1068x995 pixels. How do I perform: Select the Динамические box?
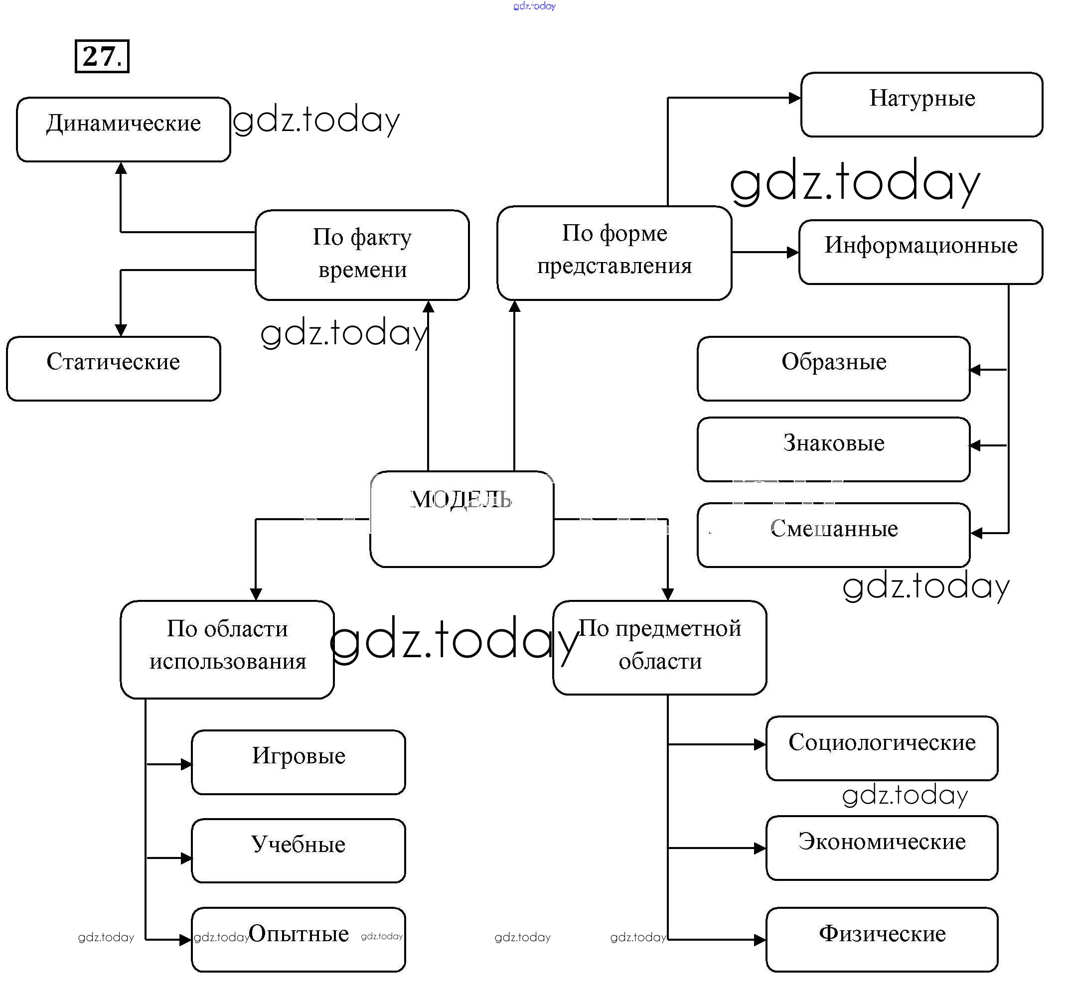(124, 129)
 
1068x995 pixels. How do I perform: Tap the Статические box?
(113, 368)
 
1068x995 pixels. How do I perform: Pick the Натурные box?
(921, 104)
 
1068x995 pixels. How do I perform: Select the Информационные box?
(920, 251)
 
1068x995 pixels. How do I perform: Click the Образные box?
(833, 368)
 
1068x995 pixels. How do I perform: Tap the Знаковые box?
(833, 449)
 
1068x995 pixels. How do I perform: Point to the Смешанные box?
(833, 534)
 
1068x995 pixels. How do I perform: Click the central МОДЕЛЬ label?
(461, 499)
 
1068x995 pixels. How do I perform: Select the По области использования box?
(227, 649)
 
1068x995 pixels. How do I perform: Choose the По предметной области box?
(659, 647)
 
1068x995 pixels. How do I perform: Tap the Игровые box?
(298, 761)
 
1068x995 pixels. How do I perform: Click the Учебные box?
(298, 850)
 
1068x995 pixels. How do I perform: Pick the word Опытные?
(299, 933)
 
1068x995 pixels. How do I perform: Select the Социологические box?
(882, 747)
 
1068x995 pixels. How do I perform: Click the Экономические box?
(882, 848)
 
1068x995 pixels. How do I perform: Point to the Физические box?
(882, 939)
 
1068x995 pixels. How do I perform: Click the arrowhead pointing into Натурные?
(794, 98)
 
